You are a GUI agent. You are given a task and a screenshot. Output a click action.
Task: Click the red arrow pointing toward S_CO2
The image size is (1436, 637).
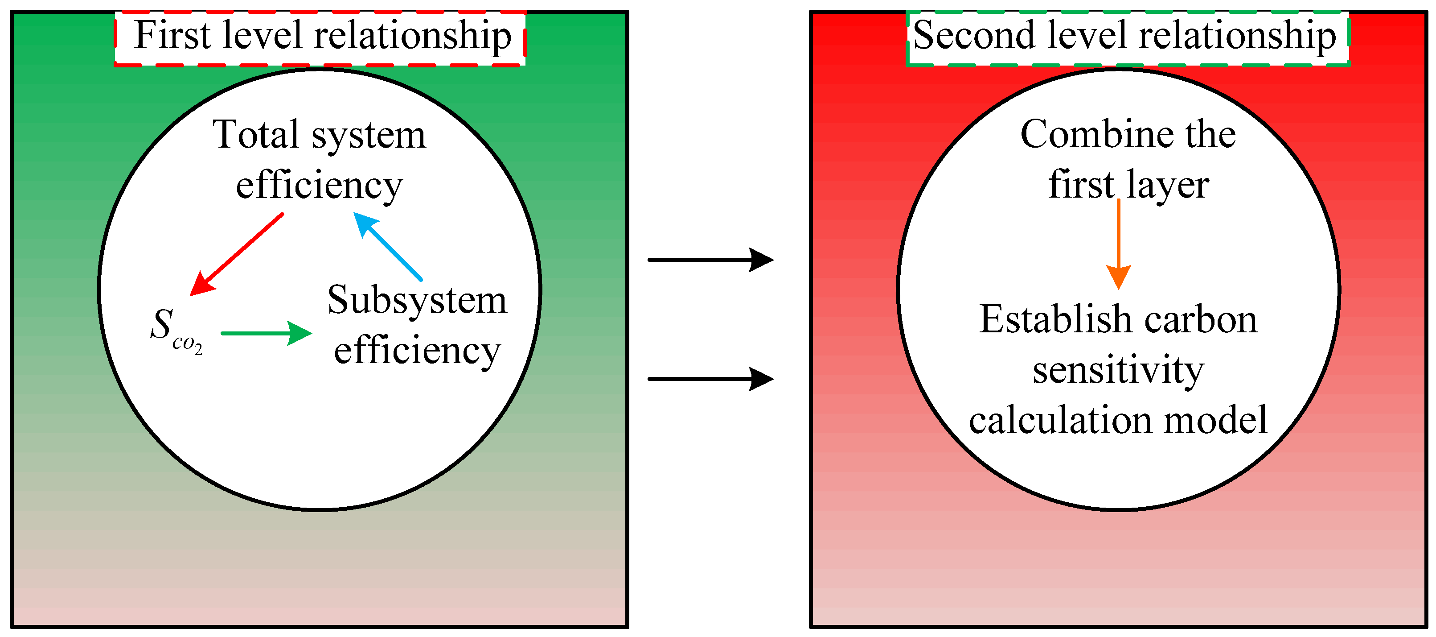pos(237,254)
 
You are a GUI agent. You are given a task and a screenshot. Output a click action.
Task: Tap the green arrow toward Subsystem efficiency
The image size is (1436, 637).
pos(266,334)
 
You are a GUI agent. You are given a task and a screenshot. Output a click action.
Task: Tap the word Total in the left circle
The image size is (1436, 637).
pos(256,135)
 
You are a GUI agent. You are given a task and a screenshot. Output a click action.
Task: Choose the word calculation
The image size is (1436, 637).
pos(1059,421)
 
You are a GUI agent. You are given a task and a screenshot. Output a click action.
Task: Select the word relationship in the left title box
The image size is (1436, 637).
pos(413,36)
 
